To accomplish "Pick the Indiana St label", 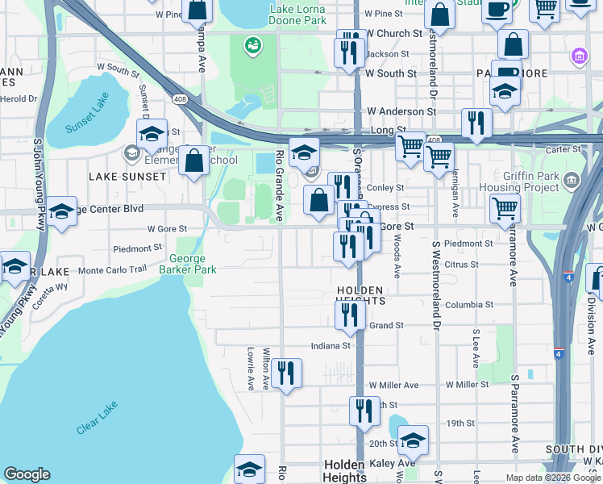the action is point(331,345).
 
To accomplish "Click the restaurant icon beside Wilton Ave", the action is point(286,373).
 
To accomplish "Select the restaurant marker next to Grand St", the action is point(349,317).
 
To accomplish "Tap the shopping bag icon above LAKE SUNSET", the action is point(193,161).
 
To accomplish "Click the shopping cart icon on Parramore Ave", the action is point(505,208).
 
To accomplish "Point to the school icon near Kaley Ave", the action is point(413,440).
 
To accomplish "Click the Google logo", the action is point(27,474).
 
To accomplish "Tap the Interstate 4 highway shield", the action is point(559,353).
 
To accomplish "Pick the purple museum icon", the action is point(578,56).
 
